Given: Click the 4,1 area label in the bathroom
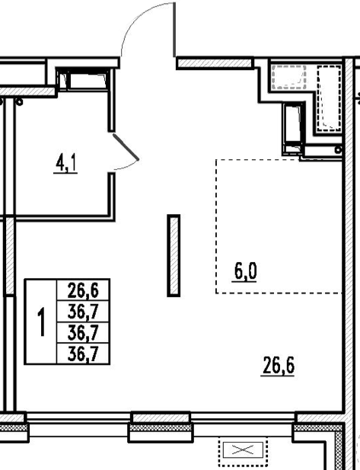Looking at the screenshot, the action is [65, 165].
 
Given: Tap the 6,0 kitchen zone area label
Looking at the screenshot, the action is [244, 273].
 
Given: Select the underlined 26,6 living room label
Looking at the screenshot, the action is [278, 366].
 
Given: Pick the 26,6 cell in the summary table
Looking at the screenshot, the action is [83, 290].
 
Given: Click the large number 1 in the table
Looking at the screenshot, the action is [41, 322].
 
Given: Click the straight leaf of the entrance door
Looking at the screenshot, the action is [174, 30].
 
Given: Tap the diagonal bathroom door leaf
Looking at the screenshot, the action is [126, 147].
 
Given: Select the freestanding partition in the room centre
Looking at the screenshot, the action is [174, 255].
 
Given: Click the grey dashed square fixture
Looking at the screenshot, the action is [288, 77].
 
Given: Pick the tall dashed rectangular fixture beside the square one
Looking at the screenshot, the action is [329, 98].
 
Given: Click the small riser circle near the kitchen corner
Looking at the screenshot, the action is [339, 149].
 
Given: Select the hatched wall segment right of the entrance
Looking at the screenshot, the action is [215, 63].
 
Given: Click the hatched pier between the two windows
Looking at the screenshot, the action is [161, 418].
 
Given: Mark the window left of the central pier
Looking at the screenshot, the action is [78, 418].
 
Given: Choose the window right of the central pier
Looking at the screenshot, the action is [243, 418].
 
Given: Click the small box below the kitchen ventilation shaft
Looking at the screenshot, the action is [292, 149].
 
